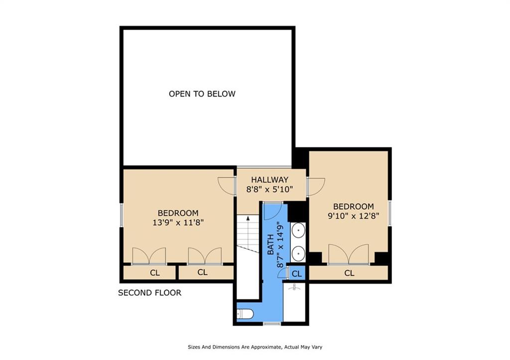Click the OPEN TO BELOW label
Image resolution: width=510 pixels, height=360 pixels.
tap(202, 94)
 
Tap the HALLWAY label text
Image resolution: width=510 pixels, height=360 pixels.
tap(269, 180)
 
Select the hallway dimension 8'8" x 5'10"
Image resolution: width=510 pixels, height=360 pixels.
tap(269, 189)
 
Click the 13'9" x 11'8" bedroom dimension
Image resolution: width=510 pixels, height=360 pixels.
tap(178, 223)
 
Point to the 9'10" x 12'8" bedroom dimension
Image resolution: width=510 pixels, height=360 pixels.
tap(354, 216)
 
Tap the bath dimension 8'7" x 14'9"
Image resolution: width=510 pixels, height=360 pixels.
tap(280, 244)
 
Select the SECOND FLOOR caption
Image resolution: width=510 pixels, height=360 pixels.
tap(149, 293)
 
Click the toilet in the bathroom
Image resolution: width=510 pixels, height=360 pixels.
tap(245, 314)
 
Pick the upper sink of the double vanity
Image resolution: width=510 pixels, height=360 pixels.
tap(298, 231)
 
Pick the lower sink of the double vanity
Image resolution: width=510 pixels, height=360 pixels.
tap(298, 253)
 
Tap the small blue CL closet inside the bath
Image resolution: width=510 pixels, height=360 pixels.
tap(297, 273)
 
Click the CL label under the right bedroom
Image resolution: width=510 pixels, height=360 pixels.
tap(349, 273)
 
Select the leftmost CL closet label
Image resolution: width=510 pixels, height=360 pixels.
tap(155, 272)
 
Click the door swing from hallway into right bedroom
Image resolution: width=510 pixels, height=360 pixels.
tap(316, 187)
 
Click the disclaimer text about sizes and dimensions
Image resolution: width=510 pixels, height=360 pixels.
tap(255, 347)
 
